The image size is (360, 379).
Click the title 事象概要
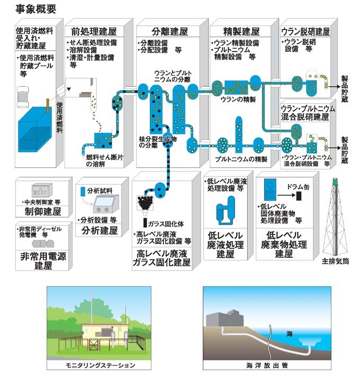(x=33, y=9)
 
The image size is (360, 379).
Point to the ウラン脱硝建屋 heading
(x=305, y=31)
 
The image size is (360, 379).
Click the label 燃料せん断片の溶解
(x=105, y=160)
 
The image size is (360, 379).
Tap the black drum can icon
(x=299, y=196)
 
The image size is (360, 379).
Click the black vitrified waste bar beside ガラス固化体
(x=146, y=222)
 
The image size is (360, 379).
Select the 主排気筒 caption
(x=335, y=260)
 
